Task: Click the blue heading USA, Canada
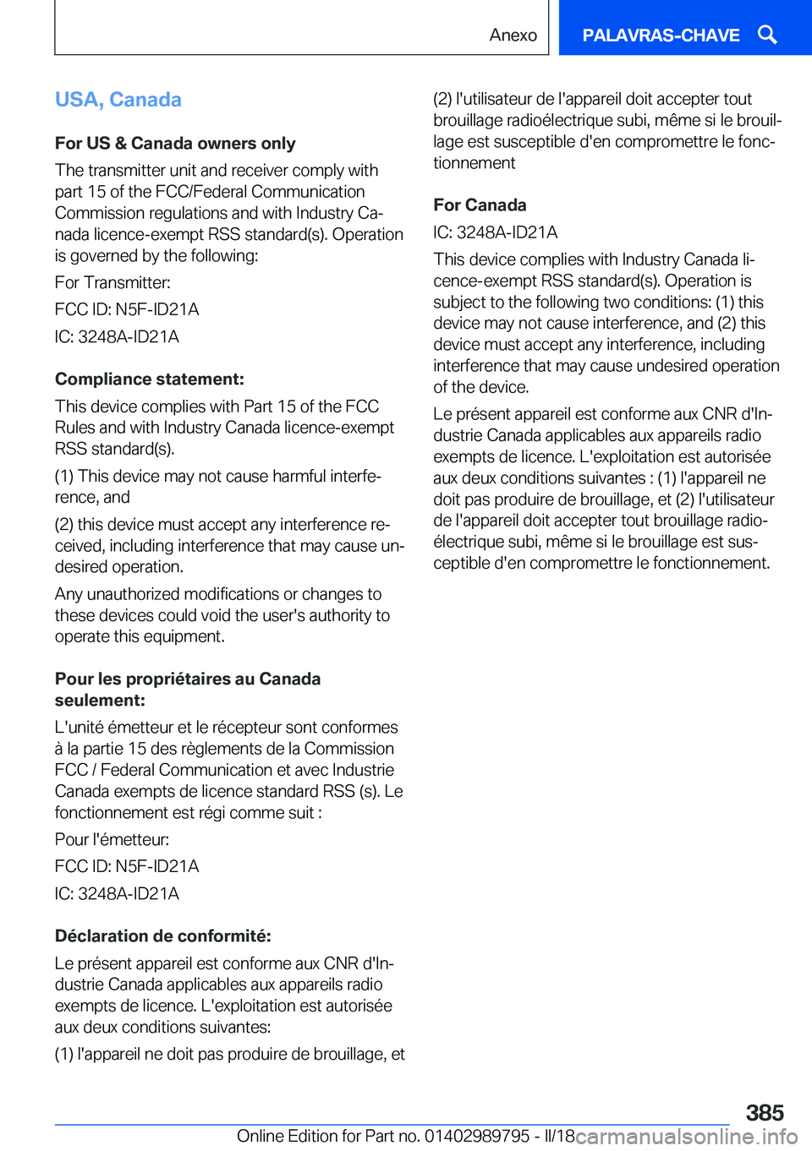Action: (x=118, y=100)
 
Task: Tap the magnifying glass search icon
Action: (x=767, y=35)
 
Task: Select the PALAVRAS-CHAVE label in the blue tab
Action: (x=661, y=35)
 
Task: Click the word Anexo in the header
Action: (x=513, y=35)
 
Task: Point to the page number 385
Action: (x=765, y=1112)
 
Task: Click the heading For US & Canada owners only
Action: (x=175, y=143)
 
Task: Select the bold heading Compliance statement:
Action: (x=150, y=379)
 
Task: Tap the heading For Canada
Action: (x=480, y=205)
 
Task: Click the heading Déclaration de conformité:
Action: (x=163, y=936)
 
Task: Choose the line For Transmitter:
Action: (x=112, y=282)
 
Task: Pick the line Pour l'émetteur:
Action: (x=112, y=839)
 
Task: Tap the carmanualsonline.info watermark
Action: (x=686, y=1137)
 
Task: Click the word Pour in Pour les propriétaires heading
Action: (x=74, y=679)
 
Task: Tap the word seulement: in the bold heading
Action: (x=100, y=700)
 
